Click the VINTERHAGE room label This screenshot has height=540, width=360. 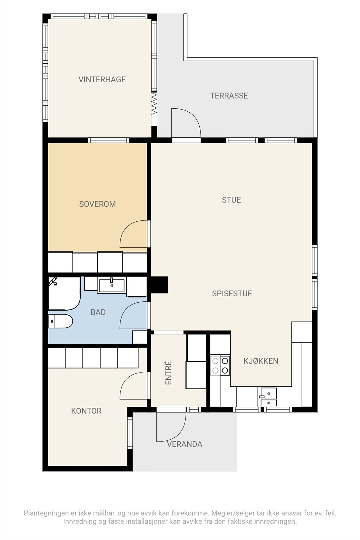(x=102, y=79)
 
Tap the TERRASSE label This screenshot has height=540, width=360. (x=229, y=96)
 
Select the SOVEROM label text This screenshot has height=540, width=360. (x=98, y=204)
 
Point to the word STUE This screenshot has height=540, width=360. (x=231, y=200)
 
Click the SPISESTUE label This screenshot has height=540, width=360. (x=232, y=293)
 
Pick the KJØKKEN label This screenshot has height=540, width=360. (x=261, y=361)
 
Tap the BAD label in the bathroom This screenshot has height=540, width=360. (x=98, y=312)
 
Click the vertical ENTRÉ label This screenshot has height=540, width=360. (x=168, y=373)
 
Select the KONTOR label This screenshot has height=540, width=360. (x=86, y=411)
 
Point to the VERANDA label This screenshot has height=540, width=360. (x=185, y=444)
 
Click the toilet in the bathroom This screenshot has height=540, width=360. (x=60, y=321)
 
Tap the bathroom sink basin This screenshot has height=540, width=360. (x=112, y=286)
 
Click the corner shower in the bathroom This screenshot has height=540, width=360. (x=64, y=293)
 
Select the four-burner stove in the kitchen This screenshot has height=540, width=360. (x=220, y=366)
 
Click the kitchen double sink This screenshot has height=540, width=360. (x=269, y=397)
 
